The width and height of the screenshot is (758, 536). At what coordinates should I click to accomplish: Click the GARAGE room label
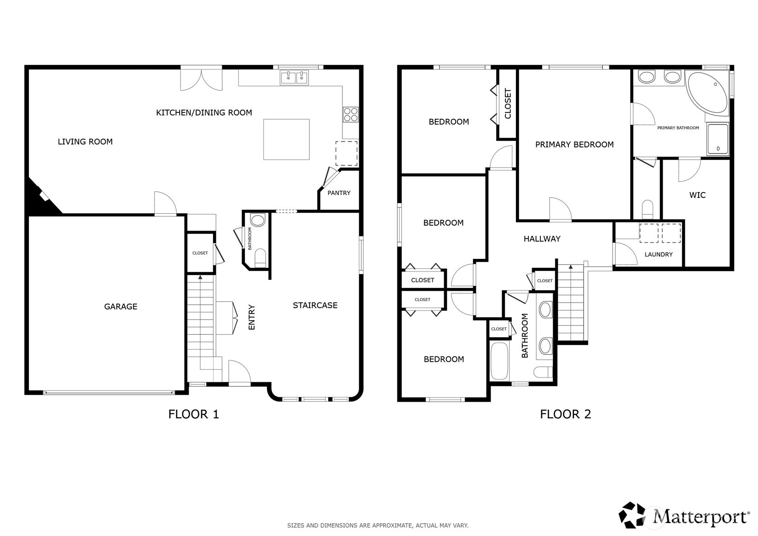coord(121,307)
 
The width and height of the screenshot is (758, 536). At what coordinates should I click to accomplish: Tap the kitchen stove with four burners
coord(350,114)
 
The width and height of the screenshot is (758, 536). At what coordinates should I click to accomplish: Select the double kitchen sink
coord(295,78)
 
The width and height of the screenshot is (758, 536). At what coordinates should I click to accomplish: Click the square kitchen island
coord(286,140)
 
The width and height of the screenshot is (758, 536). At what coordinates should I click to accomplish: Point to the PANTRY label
coord(339,193)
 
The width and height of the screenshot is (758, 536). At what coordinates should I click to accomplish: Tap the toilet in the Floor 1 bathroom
coord(260,258)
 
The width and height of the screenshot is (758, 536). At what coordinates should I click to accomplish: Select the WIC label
coord(697,195)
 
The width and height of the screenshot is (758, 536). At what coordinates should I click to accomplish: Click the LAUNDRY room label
coord(659,255)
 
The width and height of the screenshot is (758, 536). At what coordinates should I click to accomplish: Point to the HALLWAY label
coord(542,239)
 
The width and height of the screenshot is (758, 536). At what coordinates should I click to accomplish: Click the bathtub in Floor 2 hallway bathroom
coord(499,361)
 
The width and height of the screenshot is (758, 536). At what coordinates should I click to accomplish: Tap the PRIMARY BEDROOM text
coord(574,145)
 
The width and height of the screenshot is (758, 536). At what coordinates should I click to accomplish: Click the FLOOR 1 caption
coord(194,414)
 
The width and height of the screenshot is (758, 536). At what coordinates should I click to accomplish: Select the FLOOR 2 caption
coord(566,414)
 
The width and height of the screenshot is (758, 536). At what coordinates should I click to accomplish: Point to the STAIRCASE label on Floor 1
coord(315,305)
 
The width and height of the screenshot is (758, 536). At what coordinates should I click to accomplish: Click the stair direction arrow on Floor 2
coord(571,267)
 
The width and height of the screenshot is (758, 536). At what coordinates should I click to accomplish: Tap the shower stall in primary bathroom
coord(718,139)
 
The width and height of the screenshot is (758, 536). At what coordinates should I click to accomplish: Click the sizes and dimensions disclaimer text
coord(378,525)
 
